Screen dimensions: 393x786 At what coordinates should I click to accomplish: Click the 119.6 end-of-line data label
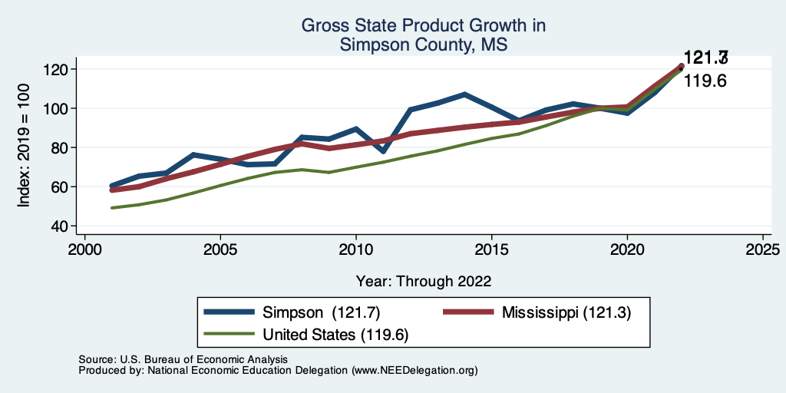pyautogui.click(x=705, y=81)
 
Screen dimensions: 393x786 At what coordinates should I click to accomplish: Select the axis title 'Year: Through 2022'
pyautogui.click(x=424, y=280)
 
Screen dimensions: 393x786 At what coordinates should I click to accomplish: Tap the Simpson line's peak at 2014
pyautogui.click(x=464, y=94)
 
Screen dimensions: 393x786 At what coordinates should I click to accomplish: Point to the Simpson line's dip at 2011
pyautogui.click(x=383, y=151)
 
